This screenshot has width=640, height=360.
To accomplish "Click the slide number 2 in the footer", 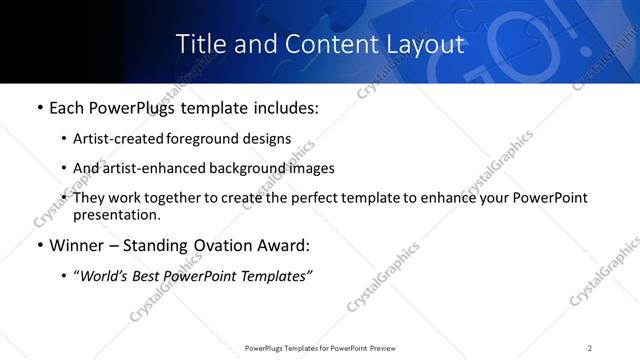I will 590,347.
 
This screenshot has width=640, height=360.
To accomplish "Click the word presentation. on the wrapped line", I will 116,215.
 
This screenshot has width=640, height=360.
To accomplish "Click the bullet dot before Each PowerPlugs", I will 39,107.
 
